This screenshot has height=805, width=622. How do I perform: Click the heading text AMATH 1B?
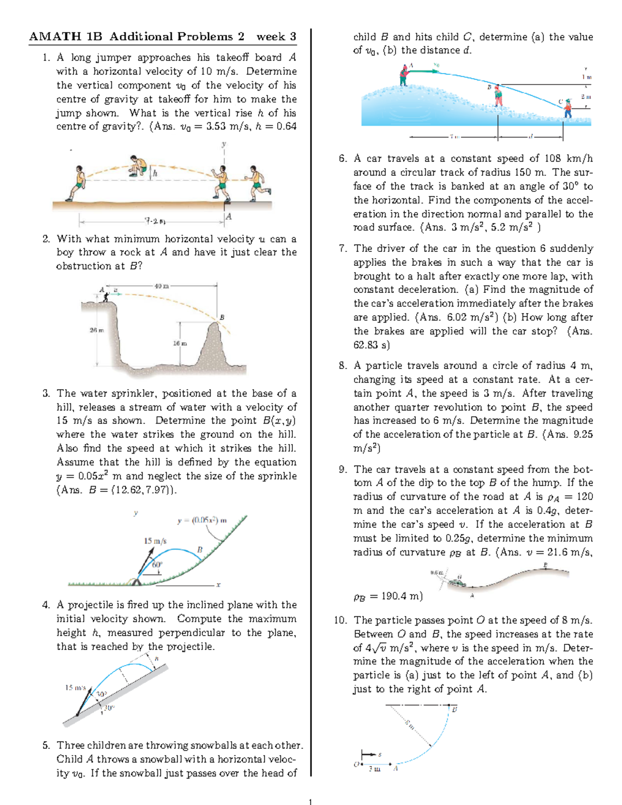click(x=65, y=37)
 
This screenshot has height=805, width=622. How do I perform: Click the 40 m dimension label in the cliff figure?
click(x=162, y=286)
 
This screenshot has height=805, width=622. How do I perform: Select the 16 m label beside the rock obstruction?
click(x=180, y=343)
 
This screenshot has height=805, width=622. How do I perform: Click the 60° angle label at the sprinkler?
click(x=157, y=564)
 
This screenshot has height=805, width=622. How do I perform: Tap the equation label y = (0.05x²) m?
click(x=202, y=520)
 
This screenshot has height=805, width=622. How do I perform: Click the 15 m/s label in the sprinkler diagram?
click(x=155, y=541)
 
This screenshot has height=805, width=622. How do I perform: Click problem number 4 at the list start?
click(x=46, y=605)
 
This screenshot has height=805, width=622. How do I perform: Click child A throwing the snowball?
click(x=404, y=75)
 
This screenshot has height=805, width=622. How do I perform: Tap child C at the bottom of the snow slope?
click(x=568, y=108)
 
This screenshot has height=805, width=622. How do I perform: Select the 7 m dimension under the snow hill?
click(x=454, y=137)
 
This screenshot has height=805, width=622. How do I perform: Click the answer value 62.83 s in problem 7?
click(x=371, y=345)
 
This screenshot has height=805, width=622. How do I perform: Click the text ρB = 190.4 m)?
click(x=388, y=596)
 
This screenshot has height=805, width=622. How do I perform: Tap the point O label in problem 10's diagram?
click(x=356, y=764)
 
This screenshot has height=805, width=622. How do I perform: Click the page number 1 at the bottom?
click(x=310, y=802)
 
